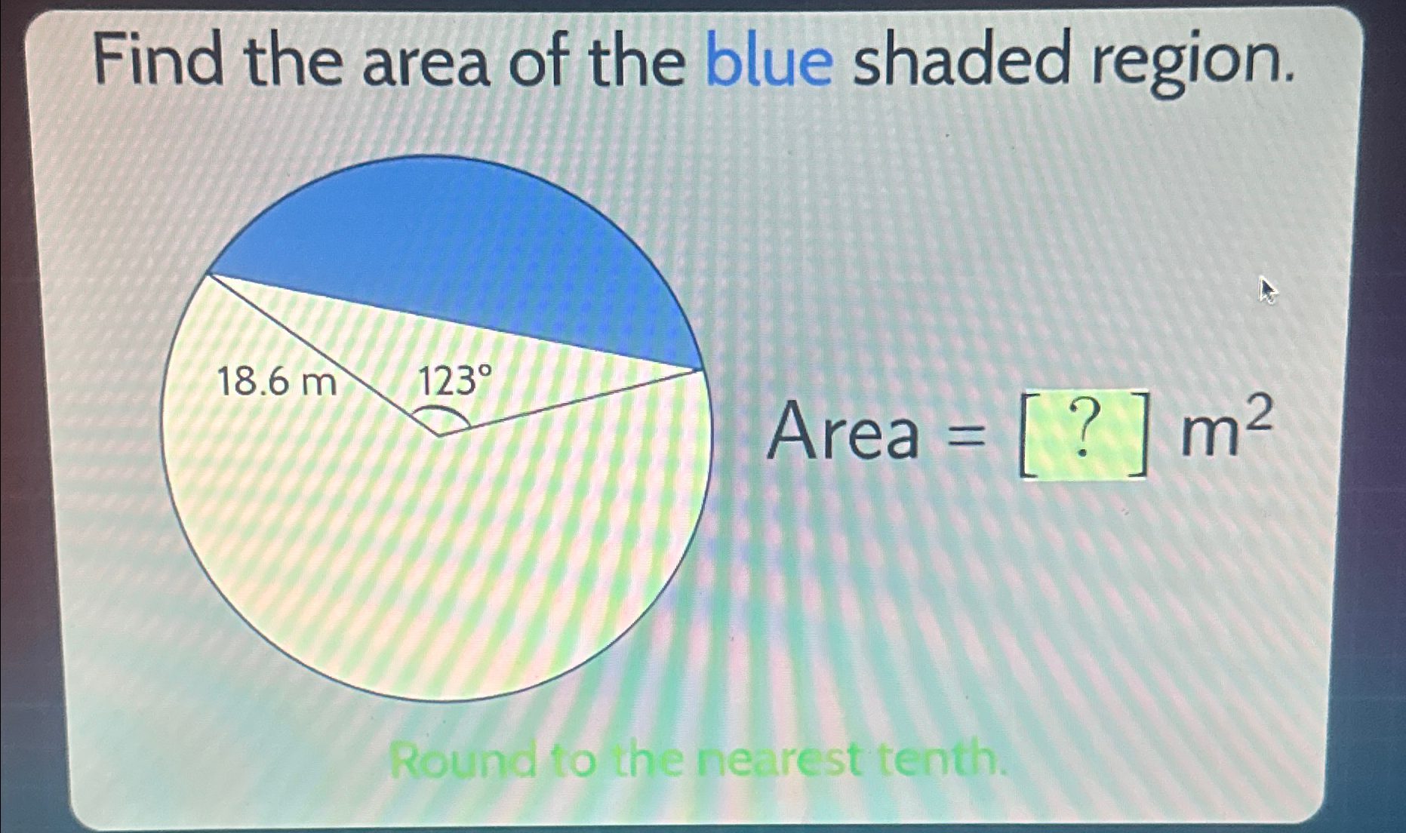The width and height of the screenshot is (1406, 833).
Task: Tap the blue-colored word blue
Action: (x=769, y=60)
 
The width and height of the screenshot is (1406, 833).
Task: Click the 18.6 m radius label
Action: (x=276, y=383)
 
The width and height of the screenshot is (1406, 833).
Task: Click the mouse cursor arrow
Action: (x=1267, y=290)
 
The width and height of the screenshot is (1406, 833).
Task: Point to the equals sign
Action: (x=966, y=435)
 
